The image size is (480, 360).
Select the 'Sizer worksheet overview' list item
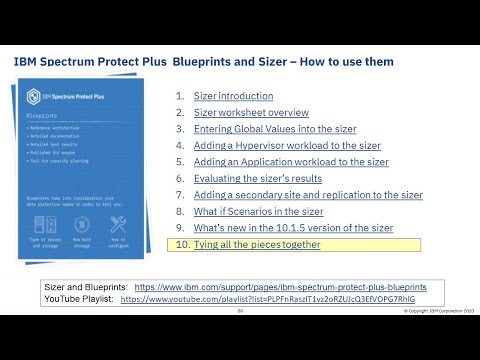click(x=250, y=113)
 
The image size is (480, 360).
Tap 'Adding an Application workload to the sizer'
click(x=291, y=161)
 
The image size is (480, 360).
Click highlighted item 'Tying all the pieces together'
click(x=257, y=244)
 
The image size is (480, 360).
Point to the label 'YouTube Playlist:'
click(x=79, y=298)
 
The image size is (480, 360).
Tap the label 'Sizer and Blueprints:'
click(x=86, y=286)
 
